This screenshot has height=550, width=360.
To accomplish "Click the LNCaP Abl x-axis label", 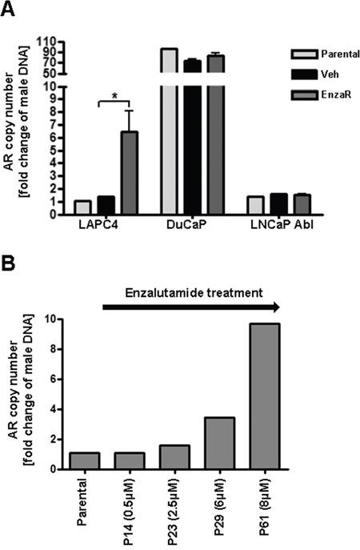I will click(x=280, y=227).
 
